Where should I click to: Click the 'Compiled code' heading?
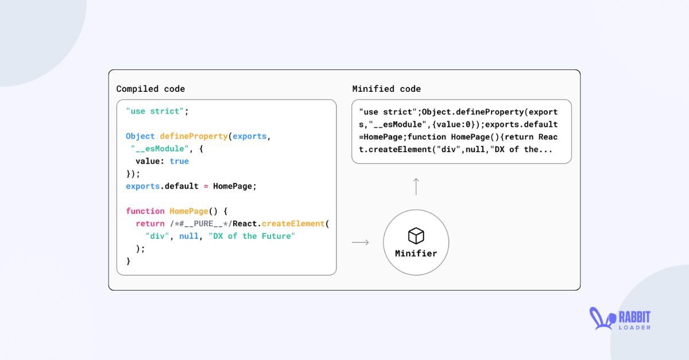150,89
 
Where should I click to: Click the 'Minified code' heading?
386,89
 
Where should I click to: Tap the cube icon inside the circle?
416,235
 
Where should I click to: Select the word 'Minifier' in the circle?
416,253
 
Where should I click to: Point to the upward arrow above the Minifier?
416,186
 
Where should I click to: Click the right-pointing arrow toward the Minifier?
360,242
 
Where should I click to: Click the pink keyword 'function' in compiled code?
145,211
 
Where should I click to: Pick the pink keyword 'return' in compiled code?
150,223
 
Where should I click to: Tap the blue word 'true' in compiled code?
179,161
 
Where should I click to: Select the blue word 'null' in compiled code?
189,236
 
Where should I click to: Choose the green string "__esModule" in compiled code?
160,149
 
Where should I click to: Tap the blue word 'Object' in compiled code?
141,137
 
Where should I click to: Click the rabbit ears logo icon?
601,319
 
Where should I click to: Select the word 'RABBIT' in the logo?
634,316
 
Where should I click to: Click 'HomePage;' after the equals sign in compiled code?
235,186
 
